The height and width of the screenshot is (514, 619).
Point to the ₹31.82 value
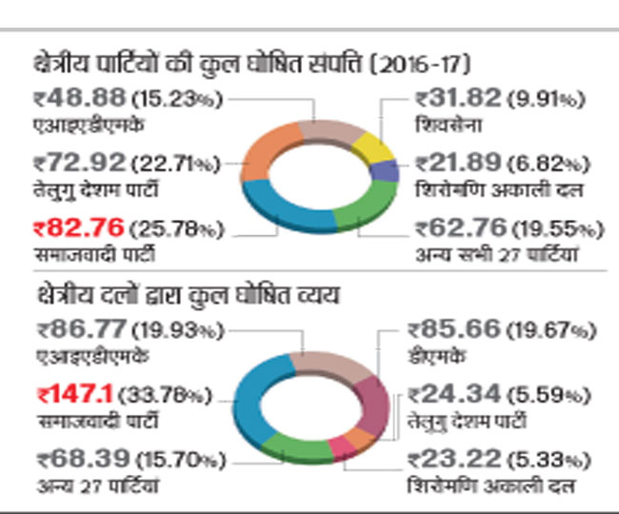(452, 99)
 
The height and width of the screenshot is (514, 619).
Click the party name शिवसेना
(443, 121)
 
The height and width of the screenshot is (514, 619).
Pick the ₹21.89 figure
(452, 164)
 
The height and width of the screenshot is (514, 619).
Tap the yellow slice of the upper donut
(376, 148)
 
